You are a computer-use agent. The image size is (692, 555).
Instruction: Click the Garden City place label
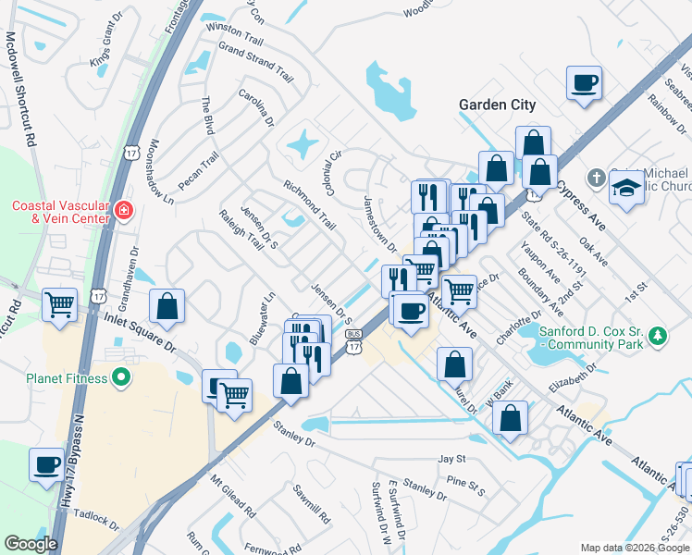pos(497,105)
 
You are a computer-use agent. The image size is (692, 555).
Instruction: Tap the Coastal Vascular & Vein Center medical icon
pos(123,212)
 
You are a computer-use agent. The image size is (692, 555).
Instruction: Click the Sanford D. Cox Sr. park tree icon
pos(658,335)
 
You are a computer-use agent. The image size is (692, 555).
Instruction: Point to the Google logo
pos(31,544)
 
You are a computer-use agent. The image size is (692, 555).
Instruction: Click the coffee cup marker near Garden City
pos(584,84)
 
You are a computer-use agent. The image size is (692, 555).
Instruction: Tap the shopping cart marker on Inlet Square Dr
pos(60,304)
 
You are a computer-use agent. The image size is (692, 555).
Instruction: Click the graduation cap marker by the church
pos(625,189)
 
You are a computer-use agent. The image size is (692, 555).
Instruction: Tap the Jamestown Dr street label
pos(379,224)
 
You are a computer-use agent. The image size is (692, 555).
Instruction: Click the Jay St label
pos(451,459)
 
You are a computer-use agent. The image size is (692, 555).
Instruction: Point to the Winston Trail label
pos(235,34)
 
